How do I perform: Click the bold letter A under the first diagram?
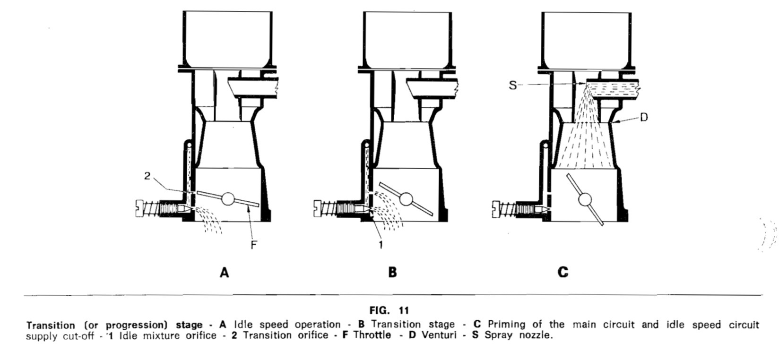pos(225,273)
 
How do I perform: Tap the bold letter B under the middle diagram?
pos(392,273)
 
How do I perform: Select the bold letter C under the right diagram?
pos(563,273)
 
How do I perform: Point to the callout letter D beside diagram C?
pos(643,118)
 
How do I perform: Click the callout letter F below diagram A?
pos(253,245)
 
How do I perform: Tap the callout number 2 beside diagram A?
pos(147,176)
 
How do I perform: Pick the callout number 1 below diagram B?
pos(381,245)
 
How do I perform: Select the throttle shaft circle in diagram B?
pos(405,199)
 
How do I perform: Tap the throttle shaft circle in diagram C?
pos(585,199)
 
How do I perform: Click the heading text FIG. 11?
pos(389,310)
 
